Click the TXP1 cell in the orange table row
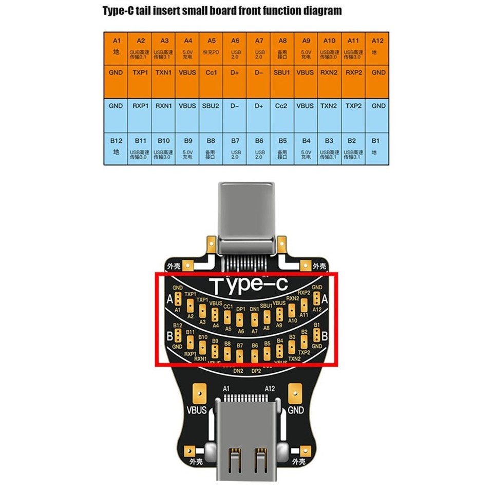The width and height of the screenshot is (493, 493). [140, 73]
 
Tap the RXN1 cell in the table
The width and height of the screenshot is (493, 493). [164, 106]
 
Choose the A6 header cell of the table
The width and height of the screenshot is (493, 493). [235, 47]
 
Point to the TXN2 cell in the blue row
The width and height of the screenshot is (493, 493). [329, 106]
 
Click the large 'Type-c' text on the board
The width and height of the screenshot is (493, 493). [246, 285]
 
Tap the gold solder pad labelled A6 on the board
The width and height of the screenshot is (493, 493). [241, 319]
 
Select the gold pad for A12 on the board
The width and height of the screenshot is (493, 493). [317, 298]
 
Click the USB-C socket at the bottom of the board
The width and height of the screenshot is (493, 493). [246, 437]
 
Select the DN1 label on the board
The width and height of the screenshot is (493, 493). [254, 309]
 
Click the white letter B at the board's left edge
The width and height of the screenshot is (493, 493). [169, 337]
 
